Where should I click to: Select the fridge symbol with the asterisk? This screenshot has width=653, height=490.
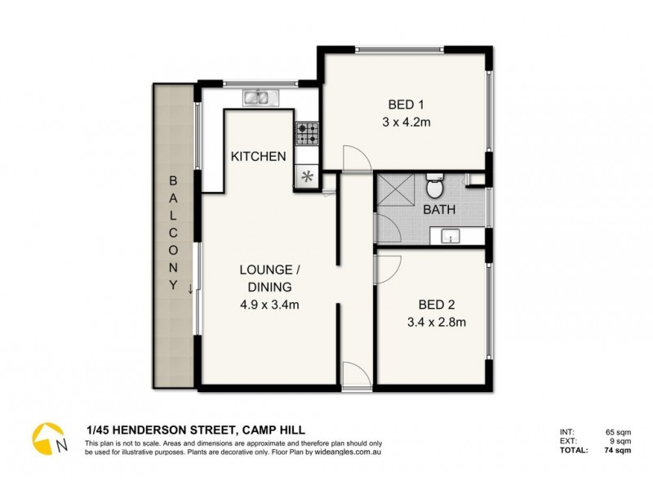pyautogui.click(x=307, y=176)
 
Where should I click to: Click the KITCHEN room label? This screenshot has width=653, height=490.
pyautogui.click(x=257, y=157)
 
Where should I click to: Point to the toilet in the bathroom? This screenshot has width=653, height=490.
pyautogui.click(x=435, y=189)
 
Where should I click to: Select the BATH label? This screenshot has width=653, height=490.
pyautogui.click(x=438, y=210)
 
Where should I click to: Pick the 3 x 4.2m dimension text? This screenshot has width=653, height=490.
pyautogui.click(x=406, y=123)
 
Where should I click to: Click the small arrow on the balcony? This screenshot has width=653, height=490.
pyautogui.click(x=190, y=287)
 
